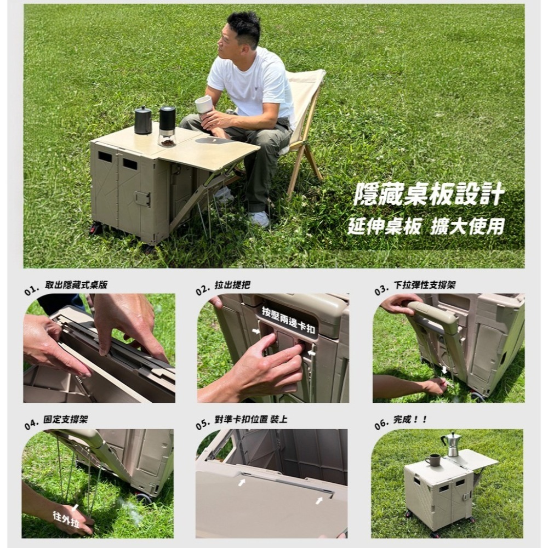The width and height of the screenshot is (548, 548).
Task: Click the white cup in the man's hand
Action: tap(204, 104)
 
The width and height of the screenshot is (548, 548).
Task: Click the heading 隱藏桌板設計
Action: tap(429, 194)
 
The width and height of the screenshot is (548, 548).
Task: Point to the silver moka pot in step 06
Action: tap(451, 444)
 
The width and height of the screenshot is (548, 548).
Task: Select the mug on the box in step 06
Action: tap(433, 460)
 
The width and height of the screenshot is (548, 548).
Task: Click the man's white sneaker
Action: tap(260, 219)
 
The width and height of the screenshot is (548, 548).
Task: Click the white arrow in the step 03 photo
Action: tap(444, 370)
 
